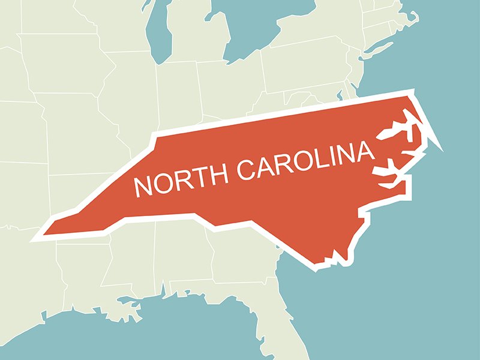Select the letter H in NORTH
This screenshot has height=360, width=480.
pos(216,175)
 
